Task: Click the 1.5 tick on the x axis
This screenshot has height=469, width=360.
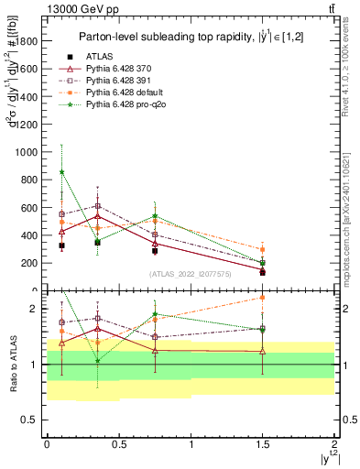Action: pyautogui.click(x=263, y=444)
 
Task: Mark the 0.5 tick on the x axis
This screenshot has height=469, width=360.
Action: pyautogui.click(x=119, y=444)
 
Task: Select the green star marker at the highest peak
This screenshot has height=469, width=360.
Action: pyautogui.click(x=61, y=171)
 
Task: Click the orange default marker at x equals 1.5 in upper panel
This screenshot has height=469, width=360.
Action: pyautogui.click(x=263, y=249)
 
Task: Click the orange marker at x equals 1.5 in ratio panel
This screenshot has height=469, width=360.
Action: pyautogui.click(x=263, y=297)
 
